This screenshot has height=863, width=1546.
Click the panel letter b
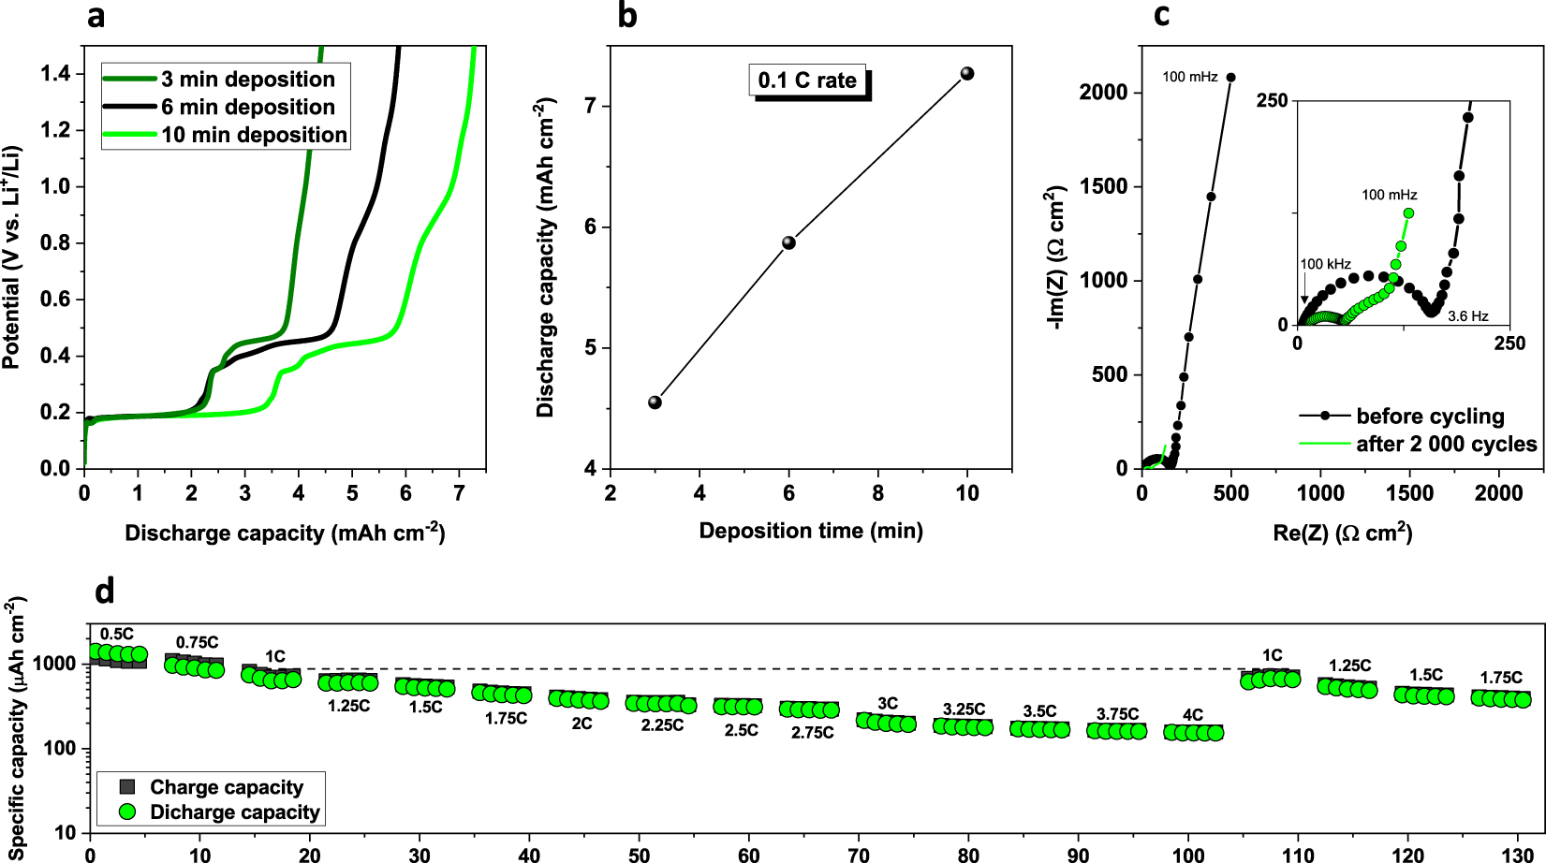[627, 16]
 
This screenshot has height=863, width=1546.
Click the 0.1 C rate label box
[807, 80]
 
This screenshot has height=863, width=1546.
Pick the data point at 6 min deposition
[788, 242]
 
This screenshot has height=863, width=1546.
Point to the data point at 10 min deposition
[967, 74]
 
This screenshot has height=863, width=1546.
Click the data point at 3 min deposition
[655, 402]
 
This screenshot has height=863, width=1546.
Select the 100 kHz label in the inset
[1325, 264]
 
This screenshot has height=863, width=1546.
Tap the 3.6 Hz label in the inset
[1467, 316]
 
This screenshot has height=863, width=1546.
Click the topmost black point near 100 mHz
[1230, 78]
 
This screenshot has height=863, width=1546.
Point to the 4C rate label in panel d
[1192, 715]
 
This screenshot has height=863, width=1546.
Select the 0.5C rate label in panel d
[117, 635]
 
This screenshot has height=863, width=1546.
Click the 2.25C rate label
[662, 725]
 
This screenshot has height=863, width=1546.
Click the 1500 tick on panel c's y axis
[1104, 186]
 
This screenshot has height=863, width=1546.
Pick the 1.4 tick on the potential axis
[55, 74]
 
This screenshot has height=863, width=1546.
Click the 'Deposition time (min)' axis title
[811, 531]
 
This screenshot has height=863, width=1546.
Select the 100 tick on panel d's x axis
[1188, 854]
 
